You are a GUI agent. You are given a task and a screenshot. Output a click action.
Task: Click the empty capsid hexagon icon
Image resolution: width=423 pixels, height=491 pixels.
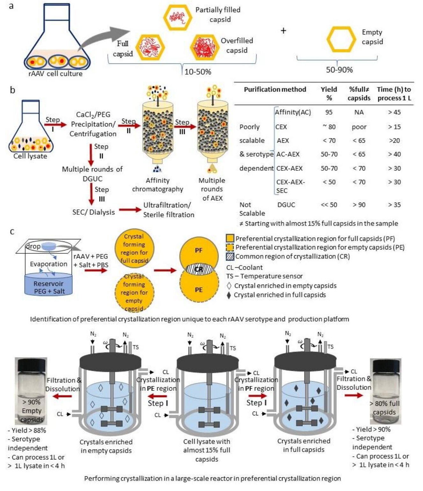click(341, 40)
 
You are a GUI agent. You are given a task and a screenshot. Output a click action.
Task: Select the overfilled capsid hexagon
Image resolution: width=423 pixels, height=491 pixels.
click(204, 47)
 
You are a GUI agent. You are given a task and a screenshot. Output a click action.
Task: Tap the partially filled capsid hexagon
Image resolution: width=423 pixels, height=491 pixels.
click(178, 18)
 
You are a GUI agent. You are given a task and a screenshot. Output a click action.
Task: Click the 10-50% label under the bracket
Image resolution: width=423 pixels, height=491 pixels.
click(198, 72)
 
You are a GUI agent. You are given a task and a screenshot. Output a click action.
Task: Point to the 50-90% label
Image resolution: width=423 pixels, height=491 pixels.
click(339, 70)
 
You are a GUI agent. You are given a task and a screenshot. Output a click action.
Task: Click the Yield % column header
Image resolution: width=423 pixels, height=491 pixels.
click(329, 93)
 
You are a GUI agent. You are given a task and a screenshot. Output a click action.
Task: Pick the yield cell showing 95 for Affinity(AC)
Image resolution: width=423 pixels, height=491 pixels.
click(329, 112)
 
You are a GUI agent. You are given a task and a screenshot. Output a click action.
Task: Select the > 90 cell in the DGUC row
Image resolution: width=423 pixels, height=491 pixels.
click(359, 205)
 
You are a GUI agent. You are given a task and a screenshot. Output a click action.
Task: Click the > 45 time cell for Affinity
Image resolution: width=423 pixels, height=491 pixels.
click(394, 112)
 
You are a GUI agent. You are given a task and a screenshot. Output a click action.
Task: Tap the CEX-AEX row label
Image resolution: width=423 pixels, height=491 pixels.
click(289, 168)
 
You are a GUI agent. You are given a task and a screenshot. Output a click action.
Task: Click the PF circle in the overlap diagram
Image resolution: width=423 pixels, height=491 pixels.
click(199, 251)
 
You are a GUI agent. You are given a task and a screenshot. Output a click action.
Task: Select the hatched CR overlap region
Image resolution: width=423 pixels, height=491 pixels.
click(199, 269)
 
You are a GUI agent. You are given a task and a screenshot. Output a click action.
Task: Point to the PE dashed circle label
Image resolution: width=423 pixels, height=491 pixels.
click(199, 290)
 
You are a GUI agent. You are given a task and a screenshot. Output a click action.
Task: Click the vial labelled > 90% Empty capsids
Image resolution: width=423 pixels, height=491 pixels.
click(31, 391)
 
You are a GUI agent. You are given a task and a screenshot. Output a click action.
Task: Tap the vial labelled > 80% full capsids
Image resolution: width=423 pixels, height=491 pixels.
click(385, 391)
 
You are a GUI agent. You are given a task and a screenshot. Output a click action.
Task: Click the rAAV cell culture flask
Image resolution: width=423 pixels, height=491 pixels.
click(56, 41)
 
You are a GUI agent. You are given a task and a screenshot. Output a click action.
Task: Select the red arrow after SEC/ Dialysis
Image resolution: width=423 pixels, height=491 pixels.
click(130, 210)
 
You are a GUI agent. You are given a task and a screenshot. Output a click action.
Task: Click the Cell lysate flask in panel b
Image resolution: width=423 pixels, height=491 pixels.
click(31, 128)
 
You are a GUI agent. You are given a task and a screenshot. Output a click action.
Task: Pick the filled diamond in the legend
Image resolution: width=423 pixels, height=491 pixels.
click(229, 295)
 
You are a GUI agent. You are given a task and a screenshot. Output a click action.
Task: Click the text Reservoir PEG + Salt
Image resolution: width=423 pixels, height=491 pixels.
click(49, 287)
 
